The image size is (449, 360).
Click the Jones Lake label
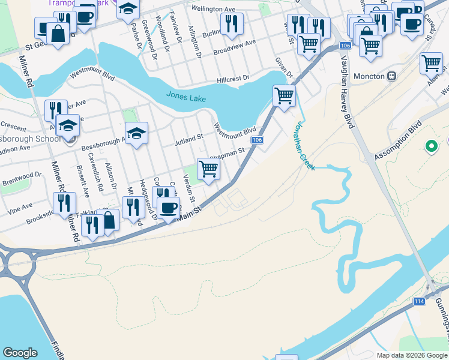coord(187,97)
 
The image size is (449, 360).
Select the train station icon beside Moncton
coord(393,76)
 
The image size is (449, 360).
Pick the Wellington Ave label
coord(213,9)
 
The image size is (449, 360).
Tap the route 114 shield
coord(420,301)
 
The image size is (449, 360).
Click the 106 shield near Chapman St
coord(257,140)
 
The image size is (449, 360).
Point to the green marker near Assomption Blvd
coord(430,145)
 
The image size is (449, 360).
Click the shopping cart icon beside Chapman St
coord(208,169)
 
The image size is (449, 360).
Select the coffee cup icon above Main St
coord(169,207)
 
